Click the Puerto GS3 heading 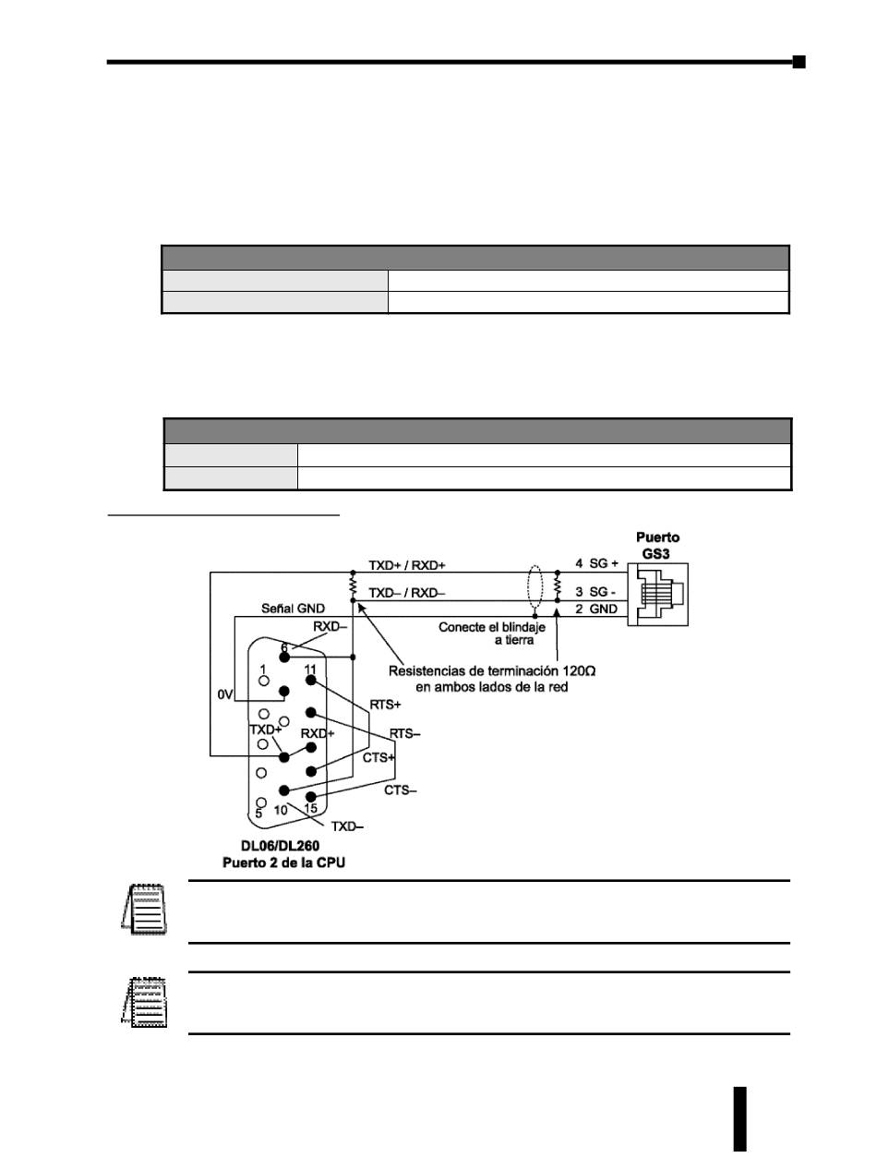[658, 543]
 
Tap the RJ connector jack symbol [658, 592]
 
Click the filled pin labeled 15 [311, 798]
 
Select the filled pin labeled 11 [311, 682]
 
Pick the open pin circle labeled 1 [265, 682]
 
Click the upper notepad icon [145, 911]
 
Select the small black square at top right [799, 62]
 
